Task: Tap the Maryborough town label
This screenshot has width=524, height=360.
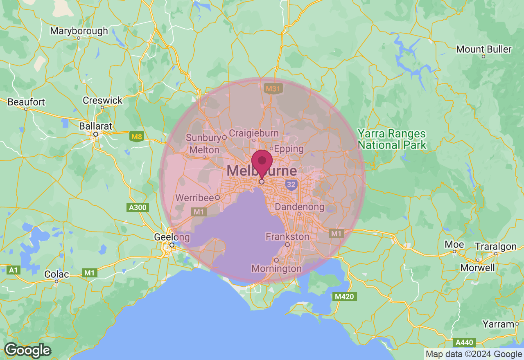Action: (x=79, y=31)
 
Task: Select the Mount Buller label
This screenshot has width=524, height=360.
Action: (x=483, y=49)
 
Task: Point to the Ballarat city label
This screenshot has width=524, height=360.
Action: (x=95, y=126)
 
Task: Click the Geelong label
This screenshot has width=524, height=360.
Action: (x=172, y=237)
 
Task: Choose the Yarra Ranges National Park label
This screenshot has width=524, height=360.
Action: (x=392, y=139)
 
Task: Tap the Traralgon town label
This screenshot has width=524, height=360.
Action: (x=496, y=247)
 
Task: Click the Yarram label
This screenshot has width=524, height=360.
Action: (x=498, y=324)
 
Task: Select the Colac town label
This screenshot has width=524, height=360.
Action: (x=56, y=274)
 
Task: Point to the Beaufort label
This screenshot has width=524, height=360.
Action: (x=26, y=102)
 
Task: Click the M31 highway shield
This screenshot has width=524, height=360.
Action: (x=272, y=88)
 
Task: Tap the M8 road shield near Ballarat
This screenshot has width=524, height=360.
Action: (x=136, y=137)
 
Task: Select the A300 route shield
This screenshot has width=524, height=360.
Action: (x=138, y=207)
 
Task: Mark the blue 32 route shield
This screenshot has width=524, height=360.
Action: (x=291, y=185)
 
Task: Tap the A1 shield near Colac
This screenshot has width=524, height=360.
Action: (x=14, y=270)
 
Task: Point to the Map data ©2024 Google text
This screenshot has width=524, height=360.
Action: (x=474, y=354)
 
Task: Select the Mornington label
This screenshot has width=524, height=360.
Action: (x=276, y=269)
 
